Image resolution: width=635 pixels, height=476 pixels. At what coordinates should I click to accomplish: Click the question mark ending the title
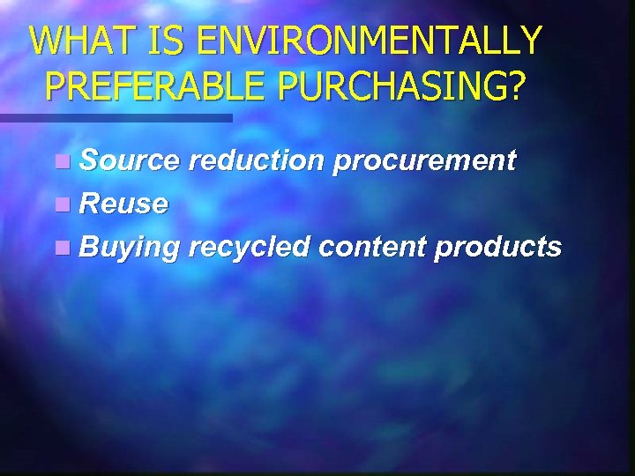click(x=516, y=86)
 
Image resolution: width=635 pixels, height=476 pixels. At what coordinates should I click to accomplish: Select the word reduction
click(x=256, y=160)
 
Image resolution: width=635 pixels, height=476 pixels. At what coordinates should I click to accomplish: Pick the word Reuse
click(x=123, y=204)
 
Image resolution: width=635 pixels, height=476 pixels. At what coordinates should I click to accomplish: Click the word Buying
click(x=130, y=249)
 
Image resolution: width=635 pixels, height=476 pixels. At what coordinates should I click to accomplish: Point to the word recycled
click(x=249, y=249)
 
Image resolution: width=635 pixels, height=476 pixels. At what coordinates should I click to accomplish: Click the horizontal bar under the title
click(x=116, y=117)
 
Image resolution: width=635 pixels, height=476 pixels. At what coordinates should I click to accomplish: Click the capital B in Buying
click(x=88, y=248)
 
